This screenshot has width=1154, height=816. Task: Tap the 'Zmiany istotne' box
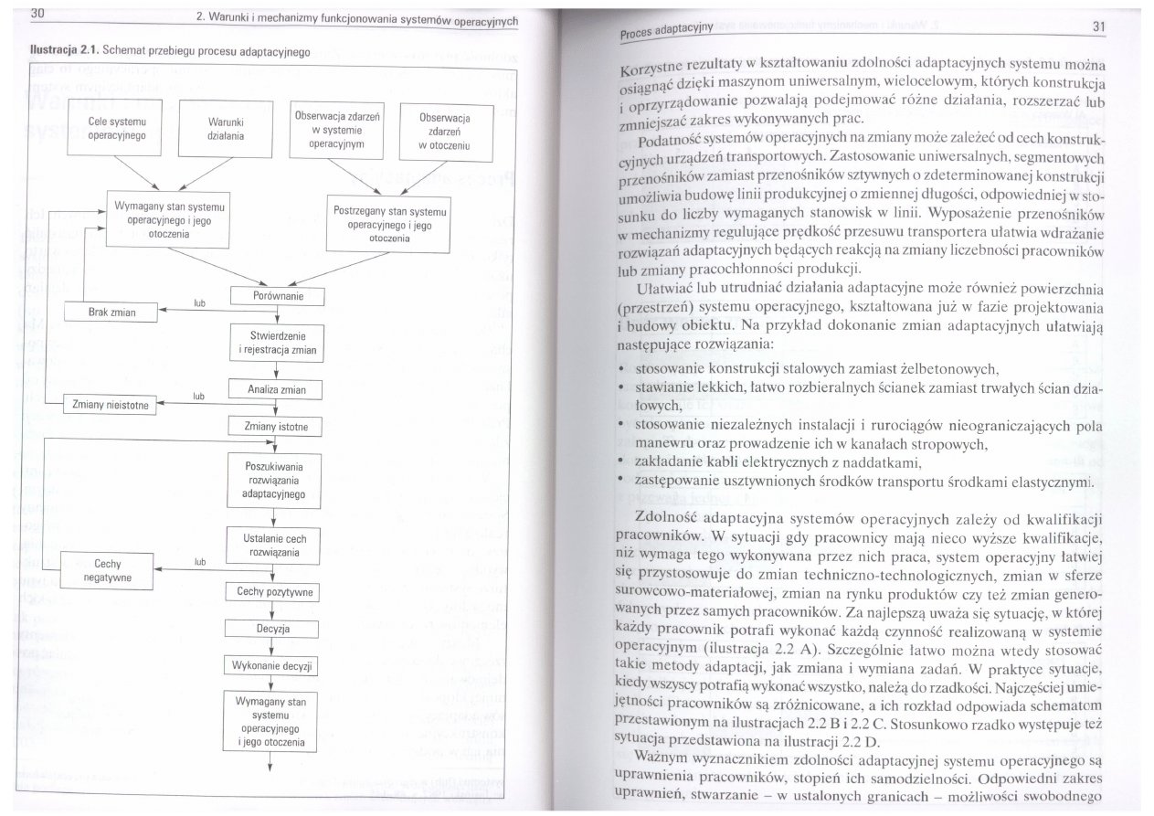(x=276, y=426)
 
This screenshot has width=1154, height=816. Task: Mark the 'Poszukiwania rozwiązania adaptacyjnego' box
(x=276, y=479)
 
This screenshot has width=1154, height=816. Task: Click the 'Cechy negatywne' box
(x=108, y=570)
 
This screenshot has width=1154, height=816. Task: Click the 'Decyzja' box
(x=271, y=629)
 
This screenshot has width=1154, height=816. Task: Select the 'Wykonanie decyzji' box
(x=271, y=665)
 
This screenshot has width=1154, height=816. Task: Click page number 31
(x=1097, y=26)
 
